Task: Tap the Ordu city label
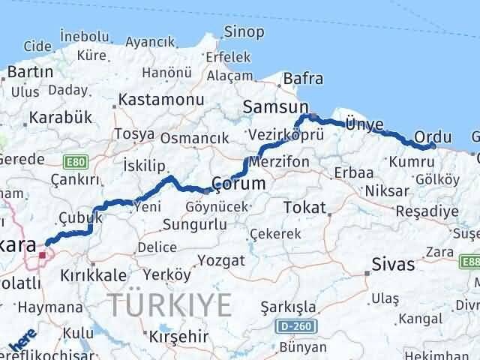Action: [433, 137]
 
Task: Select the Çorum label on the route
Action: [238, 184]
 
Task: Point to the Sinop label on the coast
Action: [244, 31]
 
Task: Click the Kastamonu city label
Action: [161, 100]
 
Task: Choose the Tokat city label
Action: [304, 207]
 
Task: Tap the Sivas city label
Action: [394, 264]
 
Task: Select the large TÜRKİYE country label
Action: [169, 304]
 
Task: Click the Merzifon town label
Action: [280, 163]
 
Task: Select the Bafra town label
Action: [302, 78]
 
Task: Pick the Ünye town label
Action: [364, 124]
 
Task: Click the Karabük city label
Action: [60, 118]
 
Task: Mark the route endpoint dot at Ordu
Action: [433, 146]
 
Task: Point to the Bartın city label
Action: [30, 72]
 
